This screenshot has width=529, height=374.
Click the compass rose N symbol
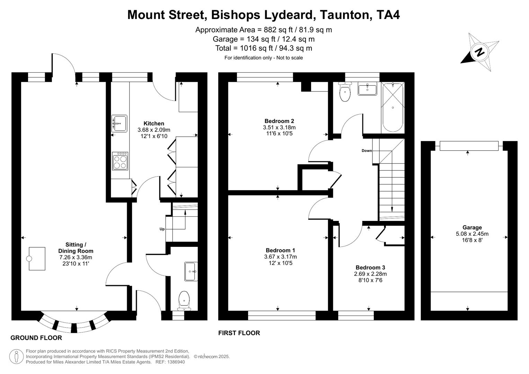click(479, 52)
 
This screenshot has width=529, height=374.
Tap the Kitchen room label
click(154, 123)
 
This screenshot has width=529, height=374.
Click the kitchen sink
click(119, 123)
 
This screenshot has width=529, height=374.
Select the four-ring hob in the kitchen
click(120, 161)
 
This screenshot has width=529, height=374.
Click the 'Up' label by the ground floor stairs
click(162, 229)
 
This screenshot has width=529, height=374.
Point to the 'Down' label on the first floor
click(367, 151)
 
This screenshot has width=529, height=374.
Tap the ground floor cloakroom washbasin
click(191, 271)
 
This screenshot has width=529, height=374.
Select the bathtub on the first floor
click(393, 107)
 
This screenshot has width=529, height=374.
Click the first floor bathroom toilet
click(345, 92)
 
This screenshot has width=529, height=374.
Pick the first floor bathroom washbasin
click(367, 89)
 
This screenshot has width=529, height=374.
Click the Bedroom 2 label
click(279, 121)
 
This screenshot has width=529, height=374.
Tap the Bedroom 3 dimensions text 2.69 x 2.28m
click(370, 274)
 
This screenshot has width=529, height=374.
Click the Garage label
click(472, 228)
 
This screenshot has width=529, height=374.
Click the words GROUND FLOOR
click(36, 338)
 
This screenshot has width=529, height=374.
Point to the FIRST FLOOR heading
click(239, 333)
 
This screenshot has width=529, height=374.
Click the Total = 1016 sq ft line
click(263, 48)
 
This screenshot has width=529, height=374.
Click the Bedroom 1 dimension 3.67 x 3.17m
click(280, 257)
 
